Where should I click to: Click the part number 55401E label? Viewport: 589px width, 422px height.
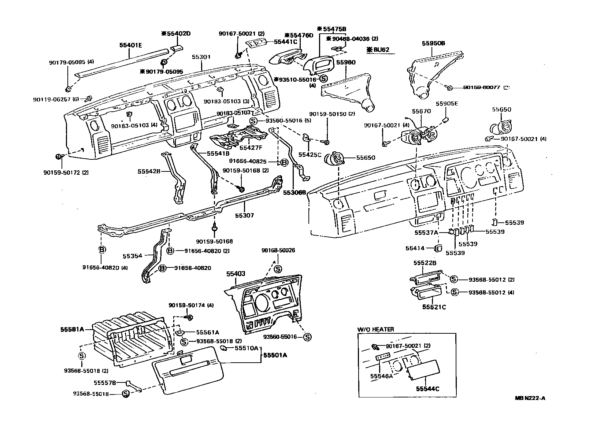pyautogui.click(x=130, y=45)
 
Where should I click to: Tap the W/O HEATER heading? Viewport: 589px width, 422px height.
pyautogui.click(x=375, y=329)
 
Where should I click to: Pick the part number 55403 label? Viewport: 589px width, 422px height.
pyautogui.click(x=236, y=274)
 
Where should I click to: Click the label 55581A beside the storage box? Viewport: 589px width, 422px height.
pyautogui.click(x=72, y=329)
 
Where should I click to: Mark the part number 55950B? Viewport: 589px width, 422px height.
pyautogui.click(x=433, y=43)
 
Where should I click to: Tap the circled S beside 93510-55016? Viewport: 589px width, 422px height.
pyautogui.click(x=324, y=79)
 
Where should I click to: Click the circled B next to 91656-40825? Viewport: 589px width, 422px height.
pyautogui.click(x=284, y=162)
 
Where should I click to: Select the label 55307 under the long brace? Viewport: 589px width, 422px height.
pyautogui.click(x=244, y=215)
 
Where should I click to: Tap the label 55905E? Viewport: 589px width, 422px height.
pyautogui.click(x=447, y=104)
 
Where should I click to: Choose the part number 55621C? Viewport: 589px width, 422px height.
pyautogui.click(x=434, y=307)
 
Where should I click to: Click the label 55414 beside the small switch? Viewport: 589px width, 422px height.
pyautogui.click(x=415, y=248)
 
